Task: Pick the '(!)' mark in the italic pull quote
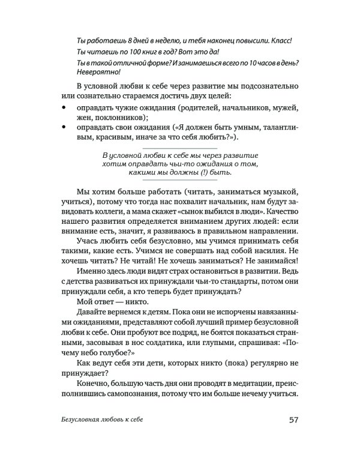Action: [x=188, y=173]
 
